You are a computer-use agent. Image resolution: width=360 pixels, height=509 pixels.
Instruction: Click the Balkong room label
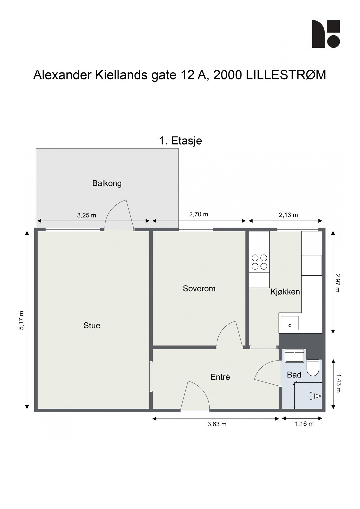click(107, 183)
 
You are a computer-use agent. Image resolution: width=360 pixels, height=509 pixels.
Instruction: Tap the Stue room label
click(92, 325)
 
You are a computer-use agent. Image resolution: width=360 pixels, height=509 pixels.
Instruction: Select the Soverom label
click(199, 288)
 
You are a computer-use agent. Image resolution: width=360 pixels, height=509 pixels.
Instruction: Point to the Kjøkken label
click(285, 292)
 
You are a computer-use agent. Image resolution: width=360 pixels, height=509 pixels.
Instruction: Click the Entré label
click(220, 377)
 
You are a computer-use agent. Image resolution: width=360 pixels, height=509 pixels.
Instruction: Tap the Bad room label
click(294, 375)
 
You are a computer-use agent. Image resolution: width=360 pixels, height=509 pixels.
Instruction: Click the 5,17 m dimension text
click(21, 320)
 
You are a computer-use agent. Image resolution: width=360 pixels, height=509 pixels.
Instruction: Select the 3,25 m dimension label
click(87, 215)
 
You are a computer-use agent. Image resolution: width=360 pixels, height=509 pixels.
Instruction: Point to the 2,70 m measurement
click(199, 214)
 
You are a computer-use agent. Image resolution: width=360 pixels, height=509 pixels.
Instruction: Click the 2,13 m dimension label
click(288, 215)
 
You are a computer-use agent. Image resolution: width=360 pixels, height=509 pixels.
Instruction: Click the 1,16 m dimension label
click(304, 424)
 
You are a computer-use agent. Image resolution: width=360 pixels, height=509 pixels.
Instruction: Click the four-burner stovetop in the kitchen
click(259, 262)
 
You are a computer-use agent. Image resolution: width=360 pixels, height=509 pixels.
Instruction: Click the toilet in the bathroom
click(313, 367)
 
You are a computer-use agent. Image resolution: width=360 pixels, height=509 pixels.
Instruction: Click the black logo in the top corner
click(326, 34)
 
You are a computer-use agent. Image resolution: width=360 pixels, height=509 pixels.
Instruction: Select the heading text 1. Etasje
click(180, 141)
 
